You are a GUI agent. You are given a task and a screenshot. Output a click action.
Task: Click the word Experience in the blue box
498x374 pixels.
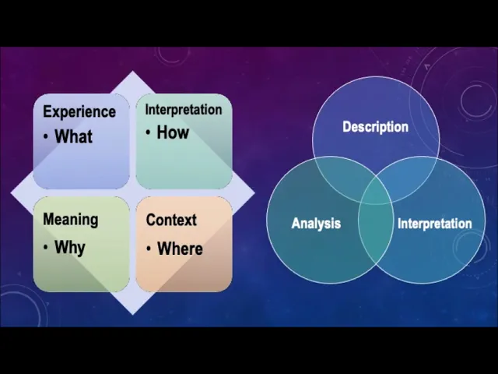79,111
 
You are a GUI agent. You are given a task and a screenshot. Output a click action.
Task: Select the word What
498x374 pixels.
73,136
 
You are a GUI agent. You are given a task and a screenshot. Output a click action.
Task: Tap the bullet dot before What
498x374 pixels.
47,137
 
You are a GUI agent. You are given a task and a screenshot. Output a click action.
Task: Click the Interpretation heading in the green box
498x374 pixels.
183,109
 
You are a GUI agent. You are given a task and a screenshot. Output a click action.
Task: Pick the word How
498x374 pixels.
173,132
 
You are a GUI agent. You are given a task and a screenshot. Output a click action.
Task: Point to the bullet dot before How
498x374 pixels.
148,133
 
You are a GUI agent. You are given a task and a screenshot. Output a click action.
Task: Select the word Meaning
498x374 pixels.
70,219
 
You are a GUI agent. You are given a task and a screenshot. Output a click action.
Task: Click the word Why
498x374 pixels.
70,247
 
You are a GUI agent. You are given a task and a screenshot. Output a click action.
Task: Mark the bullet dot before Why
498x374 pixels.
47,248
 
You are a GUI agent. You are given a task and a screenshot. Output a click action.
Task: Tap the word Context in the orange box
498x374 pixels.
171,220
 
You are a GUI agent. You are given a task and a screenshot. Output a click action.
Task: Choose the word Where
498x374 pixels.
180,249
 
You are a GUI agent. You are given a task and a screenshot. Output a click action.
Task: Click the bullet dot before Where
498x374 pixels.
149,249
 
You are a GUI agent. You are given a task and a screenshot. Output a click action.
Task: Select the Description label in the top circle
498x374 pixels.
375,127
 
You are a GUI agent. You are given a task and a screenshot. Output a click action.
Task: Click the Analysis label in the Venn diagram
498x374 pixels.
316,224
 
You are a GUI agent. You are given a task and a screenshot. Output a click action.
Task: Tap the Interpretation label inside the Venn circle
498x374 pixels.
434,224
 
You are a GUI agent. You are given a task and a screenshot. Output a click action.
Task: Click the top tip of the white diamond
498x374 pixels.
132,72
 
